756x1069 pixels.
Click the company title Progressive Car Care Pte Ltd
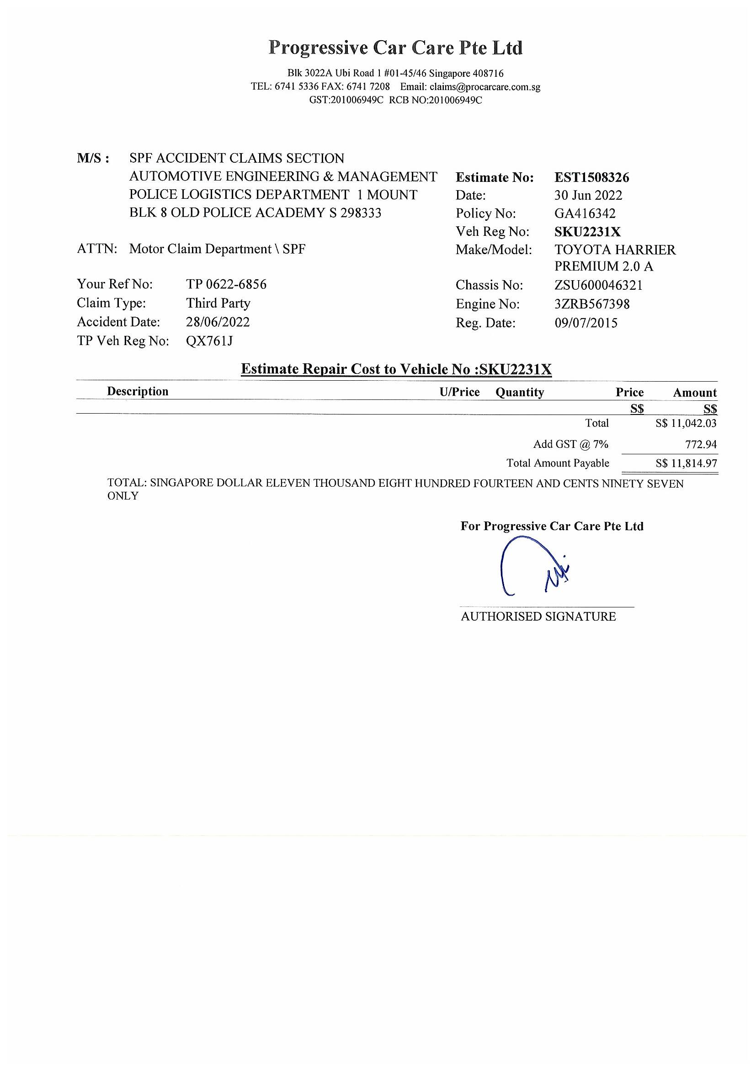395,48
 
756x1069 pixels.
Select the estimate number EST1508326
591,177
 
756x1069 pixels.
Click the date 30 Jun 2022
588,195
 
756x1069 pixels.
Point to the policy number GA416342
585,213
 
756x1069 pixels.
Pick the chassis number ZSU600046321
598,285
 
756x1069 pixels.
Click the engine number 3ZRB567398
591,304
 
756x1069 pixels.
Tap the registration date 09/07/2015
586,323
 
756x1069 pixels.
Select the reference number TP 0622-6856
226,284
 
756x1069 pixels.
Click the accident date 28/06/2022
218,322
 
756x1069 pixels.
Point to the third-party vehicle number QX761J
209,341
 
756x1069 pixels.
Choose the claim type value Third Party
218,303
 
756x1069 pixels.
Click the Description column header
137,391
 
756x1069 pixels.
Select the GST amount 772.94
701,444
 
